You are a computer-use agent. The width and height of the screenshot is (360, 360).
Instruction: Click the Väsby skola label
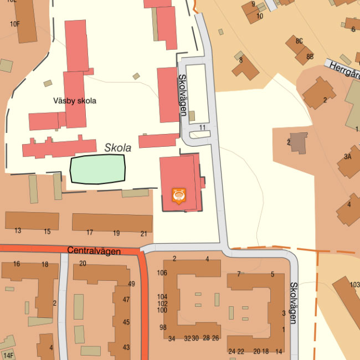(x=75, y=101)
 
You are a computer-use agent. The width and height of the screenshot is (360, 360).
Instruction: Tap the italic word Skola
(x=117, y=148)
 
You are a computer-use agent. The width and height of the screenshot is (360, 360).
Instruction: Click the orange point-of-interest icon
(x=178, y=196)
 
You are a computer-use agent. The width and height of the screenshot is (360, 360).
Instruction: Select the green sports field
(x=97, y=169)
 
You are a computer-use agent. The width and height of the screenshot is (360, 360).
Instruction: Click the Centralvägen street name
(x=94, y=251)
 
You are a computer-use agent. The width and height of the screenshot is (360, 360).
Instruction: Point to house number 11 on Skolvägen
(x=202, y=127)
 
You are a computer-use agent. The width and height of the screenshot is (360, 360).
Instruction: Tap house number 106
(x=162, y=272)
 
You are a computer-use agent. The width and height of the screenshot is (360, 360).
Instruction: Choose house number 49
(x=131, y=284)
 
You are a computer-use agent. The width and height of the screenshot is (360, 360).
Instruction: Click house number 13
(x=18, y=231)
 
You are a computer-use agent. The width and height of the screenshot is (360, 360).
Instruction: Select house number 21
(x=144, y=233)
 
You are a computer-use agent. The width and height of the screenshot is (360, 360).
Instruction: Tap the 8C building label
(x=299, y=41)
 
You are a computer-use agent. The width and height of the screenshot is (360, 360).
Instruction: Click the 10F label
(x=14, y=24)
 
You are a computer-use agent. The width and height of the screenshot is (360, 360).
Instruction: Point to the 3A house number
(x=347, y=157)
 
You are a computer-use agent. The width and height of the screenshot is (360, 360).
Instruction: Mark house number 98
(x=163, y=327)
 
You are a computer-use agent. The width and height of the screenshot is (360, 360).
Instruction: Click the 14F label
(x=8, y=355)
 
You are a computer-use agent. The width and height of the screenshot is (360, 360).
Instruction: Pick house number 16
(x=17, y=264)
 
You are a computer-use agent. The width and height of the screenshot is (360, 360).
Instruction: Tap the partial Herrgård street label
(x=343, y=70)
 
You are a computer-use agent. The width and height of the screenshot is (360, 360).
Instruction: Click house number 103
(x=354, y=285)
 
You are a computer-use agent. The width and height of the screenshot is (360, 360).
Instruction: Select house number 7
(x=239, y=274)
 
